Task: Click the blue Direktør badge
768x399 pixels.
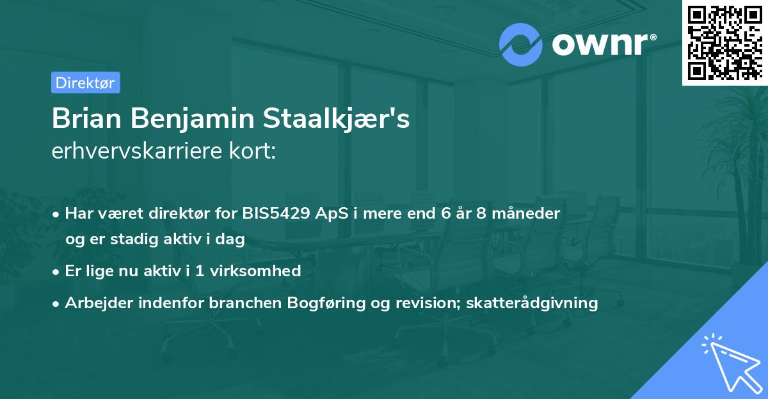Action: point(85,82)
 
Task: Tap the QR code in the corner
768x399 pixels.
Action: point(724,42)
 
